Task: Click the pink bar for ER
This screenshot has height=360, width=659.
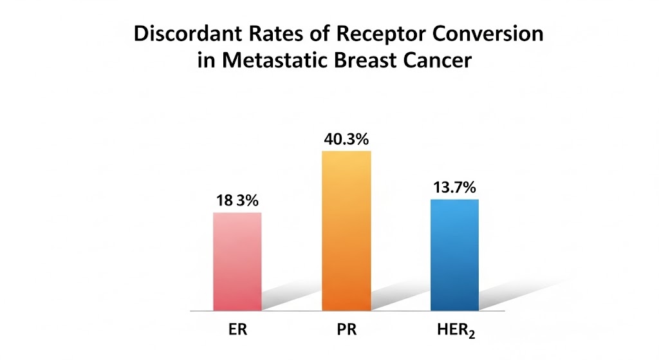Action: coord(237,261)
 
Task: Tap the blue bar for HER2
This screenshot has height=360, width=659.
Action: coord(454,255)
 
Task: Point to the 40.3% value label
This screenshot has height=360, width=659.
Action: coord(346,139)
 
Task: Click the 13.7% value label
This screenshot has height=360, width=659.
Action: coord(454,188)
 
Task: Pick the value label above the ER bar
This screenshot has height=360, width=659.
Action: coord(237,201)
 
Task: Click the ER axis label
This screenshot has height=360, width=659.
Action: coord(237,332)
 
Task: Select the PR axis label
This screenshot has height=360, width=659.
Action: coord(346,332)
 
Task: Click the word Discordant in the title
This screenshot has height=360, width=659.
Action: coord(182,34)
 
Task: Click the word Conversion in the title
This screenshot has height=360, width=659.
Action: coord(485,34)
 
